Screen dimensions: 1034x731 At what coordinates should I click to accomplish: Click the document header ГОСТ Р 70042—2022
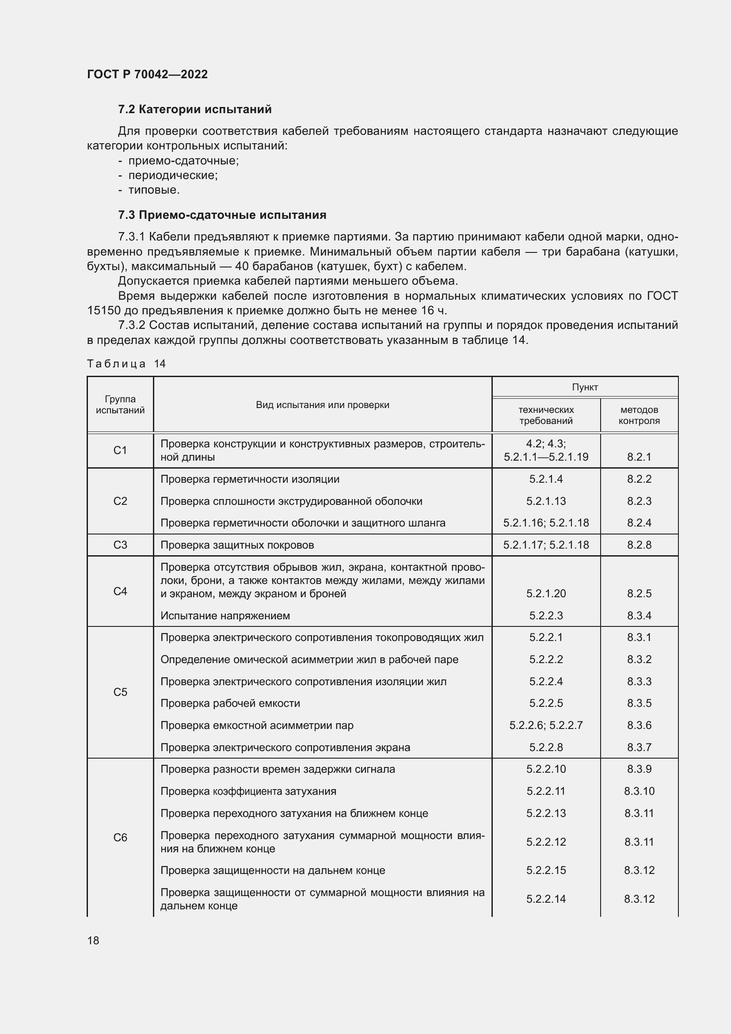(147, 74)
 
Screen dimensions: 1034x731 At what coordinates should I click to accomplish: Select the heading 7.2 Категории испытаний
(194, 110)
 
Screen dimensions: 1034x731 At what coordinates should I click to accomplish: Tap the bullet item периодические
(173, 175)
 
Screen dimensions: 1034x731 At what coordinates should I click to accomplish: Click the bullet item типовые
(153, 190)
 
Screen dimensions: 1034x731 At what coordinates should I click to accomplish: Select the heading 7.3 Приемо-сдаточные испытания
(222, 215)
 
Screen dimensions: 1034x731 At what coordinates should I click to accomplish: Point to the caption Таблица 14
(126, 363)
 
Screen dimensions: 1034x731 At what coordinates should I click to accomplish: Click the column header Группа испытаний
(120, 404)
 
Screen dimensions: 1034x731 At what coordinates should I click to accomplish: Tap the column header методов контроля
(639, 415)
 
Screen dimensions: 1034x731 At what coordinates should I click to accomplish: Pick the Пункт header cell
(585, 387)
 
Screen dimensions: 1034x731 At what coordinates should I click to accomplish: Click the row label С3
(120, 545)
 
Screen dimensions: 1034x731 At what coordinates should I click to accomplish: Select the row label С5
(120, 692)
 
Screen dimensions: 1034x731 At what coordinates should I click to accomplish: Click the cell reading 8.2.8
(639, 545)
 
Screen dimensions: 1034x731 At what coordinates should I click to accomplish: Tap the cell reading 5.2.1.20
(545, 593)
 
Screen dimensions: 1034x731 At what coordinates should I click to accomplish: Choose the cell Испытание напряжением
(225, 615)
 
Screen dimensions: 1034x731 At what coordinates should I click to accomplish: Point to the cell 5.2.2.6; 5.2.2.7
(545, 725)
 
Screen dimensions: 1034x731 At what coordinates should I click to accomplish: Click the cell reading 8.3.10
(639, 791)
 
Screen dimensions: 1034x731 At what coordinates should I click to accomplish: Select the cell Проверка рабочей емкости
(230, 703)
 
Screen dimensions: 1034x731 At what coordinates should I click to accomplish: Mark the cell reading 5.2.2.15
(545, 870)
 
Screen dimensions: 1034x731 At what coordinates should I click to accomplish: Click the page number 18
(93, 940)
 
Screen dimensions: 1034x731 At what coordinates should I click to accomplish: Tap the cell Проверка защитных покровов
(237, 545)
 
